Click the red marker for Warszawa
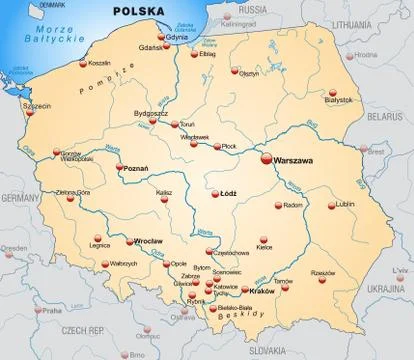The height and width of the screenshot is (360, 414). click(x=266, y=158)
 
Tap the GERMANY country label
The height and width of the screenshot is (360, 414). click(x=17, y=199)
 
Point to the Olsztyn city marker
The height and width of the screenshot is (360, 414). click(x=235, y=72)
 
